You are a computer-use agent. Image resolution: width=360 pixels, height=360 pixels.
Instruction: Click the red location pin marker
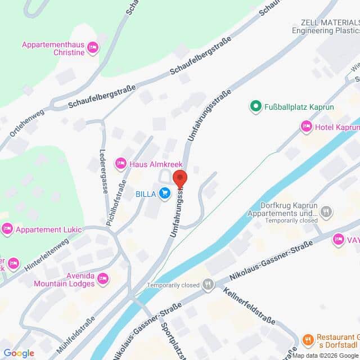point(179,178)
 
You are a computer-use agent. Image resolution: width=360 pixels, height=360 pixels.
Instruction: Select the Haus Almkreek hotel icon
point(120,164)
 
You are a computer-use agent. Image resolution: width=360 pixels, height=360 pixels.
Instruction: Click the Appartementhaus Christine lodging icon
point(93,48)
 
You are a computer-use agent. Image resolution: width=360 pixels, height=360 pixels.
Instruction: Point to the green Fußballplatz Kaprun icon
point(255,106)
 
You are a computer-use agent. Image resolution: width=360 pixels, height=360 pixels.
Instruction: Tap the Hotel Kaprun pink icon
point(307,127)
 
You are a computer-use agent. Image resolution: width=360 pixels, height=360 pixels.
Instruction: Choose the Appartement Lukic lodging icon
point(7,229)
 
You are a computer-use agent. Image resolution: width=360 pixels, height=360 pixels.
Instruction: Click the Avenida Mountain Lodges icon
point(102,278)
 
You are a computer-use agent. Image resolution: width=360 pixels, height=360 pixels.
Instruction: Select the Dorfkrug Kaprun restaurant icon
point(326,211)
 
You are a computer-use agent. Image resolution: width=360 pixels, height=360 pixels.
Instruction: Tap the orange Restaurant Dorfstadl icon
point(308,339)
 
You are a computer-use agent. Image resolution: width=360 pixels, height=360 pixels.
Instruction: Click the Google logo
point(19,353)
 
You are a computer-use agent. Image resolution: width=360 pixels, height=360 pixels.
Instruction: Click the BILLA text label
point(146,195)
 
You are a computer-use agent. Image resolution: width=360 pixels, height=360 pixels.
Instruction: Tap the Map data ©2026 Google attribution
point(325,355)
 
